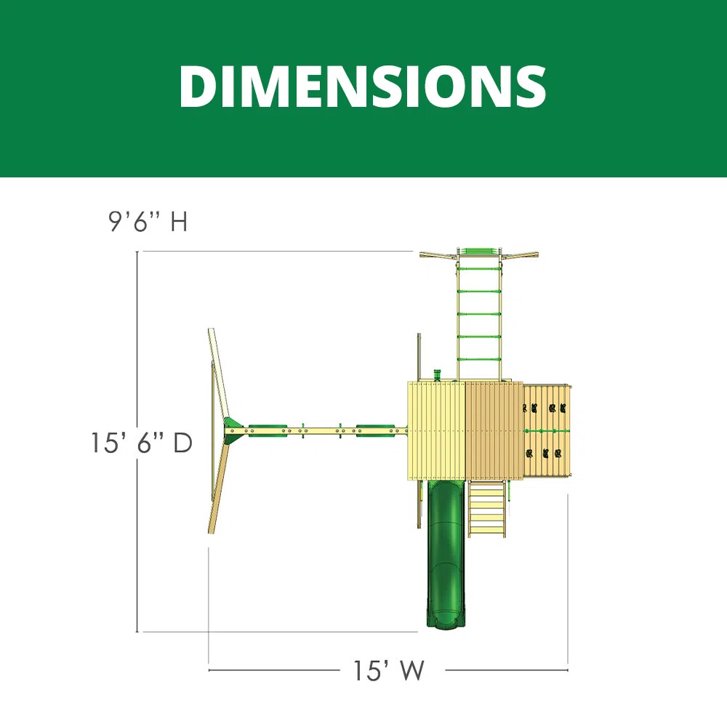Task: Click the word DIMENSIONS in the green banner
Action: pyautogui.click(x=363, y=87)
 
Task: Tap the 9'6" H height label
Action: pyautogui.click(x=148, y=221)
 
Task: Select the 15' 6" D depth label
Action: pyautogui.click(x=142, y=442)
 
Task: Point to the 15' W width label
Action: pyautogui.click(x=388, y=670)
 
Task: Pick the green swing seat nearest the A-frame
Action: pyautogui.click(x=268, y=430)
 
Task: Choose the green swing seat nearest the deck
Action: pyautogui.click(x=376, y=430)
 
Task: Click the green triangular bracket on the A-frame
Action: pyautogui.click(x=233, y=425)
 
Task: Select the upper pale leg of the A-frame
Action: pyautogui.click(x=218, y=376)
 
